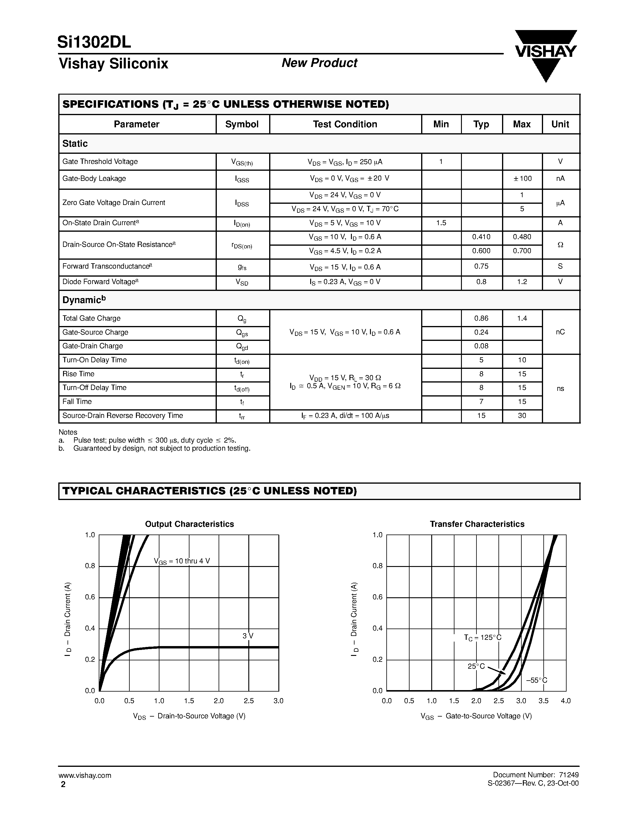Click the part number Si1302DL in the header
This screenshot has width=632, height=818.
coord(94,42)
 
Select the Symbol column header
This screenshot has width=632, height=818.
coord(242,124)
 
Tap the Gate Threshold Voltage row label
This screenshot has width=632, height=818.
coord(100,162)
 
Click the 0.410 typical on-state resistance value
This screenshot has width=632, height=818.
coord(481,237)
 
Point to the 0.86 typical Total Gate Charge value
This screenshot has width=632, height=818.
coord(481,318)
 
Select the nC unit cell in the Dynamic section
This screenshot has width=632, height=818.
coord(560,332)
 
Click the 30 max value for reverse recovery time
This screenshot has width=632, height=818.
coord(522,415)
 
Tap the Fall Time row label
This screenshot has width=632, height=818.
coord(77,402)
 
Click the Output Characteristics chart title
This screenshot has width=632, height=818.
coord(189,524)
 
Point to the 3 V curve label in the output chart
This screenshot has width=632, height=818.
coord(248,636)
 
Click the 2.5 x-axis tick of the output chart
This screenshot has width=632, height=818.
coord(249,701)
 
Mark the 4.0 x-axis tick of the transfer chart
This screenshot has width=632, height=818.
coord(566,701)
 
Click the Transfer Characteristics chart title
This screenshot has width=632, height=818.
coord(477,524)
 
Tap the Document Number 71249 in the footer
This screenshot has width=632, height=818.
coord(536,775)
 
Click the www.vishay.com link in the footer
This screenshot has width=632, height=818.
coord(85,775)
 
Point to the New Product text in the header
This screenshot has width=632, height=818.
coord(319,63)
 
